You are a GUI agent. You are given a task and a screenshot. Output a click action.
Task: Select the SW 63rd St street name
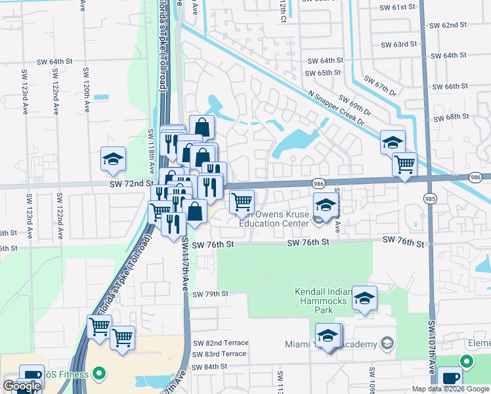point(399,45)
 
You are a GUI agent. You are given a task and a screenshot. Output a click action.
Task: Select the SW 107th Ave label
point(433,348)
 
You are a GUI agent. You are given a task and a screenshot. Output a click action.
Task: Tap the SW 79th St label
point(210,294)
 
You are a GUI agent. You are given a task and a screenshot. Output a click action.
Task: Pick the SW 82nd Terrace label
point(220,343)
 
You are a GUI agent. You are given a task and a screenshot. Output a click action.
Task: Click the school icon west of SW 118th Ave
point(113,158)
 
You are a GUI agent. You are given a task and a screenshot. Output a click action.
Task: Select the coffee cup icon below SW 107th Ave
point(450,378)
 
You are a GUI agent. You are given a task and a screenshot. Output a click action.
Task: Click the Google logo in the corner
point(22,386)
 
